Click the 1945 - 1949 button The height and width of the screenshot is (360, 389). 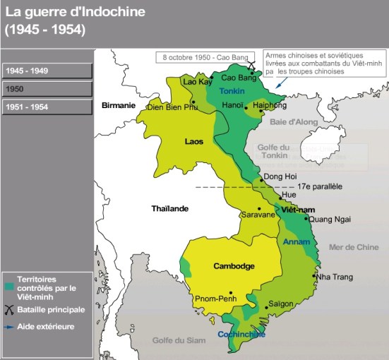pos(47,71)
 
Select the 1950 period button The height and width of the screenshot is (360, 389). pos(47,90)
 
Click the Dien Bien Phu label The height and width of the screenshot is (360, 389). pos(172,107)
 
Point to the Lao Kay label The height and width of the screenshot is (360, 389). pos(198,82)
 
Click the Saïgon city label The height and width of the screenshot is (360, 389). pos(280,304)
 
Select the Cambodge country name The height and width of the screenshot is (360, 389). pos(233,266)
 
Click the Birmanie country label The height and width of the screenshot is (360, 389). pos(118,105)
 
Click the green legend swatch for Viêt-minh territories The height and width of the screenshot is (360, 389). pos(8,287)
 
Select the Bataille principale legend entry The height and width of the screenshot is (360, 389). pos(50,309)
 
